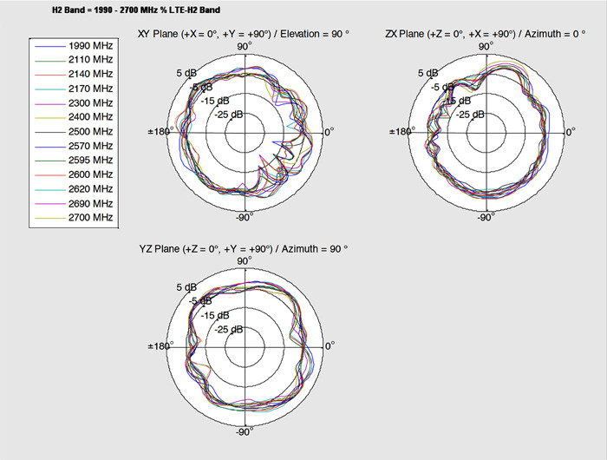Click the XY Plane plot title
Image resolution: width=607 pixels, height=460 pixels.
244,34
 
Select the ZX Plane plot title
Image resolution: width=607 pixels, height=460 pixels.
485,34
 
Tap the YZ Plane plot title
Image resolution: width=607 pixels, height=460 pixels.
244,249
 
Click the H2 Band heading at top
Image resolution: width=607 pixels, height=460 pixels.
136,10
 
